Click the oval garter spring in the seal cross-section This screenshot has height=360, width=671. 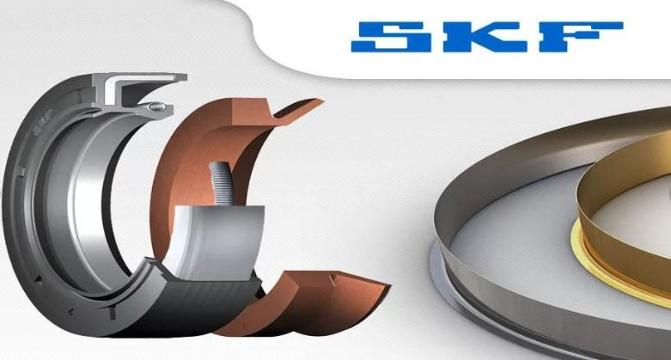click(x=156, y=106)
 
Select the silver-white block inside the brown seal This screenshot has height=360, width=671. click(x=217, y=241)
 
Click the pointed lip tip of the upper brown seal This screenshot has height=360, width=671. click(x=322, y=101)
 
